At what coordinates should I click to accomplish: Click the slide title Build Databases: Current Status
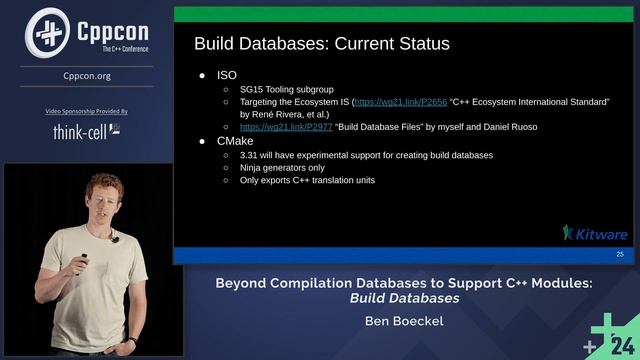point(321,44)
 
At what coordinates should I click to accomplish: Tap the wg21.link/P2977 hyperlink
point(274,127)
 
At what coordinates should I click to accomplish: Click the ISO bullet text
point(226,76)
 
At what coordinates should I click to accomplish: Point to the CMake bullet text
point(235,141)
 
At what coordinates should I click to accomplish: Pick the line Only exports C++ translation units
point(307,180)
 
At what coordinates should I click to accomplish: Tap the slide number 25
point(620,256)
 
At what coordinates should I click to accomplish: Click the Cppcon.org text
point(87,75)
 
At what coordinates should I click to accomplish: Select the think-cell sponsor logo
point(87,131)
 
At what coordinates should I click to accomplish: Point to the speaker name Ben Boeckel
point(405,321)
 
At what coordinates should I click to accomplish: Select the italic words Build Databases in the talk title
point(404,298)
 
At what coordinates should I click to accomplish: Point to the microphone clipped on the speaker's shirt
point(115,240)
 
